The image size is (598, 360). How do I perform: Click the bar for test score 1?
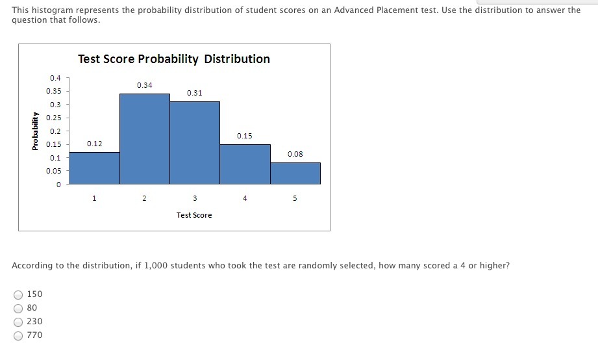pyautogui.click(x=94, y=168)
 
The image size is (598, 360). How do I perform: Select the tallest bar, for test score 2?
pyautogui.click(x=145, y=139)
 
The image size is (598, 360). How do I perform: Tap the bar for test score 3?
pyautogui.click(x=195, y=143)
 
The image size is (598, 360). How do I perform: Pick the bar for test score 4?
pyautogui.click(x=245, y=164)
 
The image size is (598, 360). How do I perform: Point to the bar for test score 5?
pyautogui.click(x=295, y=174)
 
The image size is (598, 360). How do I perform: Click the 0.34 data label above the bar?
pyautogui.click(x=145, y=85)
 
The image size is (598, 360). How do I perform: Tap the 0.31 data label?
pyautogui.click(x=195, y=93)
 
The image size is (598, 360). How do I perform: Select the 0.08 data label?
pyautogui.click(x=295, y=154)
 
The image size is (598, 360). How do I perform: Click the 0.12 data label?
pyautogui.click(x=95, y=144)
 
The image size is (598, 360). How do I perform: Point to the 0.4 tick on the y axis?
pyautogui.click(x=55, y=78)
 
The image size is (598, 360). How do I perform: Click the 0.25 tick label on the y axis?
pyautogui.click(x=54, y=118)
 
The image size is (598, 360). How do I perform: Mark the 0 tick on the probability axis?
pyautogui.click(x=58, y=185)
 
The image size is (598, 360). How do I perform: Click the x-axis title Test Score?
pyautogui.click(x=194, y=215)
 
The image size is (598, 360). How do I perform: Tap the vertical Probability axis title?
pyautogui.click(x=35, y=131)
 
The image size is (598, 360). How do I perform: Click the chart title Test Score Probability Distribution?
pyautogui.click(x=174, y=59)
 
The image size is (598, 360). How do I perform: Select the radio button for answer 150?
pyautogui.click(x=18, y=295)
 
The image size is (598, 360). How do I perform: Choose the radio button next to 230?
pyautogui.click(x=18, y=322)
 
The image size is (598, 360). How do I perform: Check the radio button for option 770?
pyautogui.click(x=18, y=336)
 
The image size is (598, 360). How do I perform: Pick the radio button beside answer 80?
pyautogui.click(x=18, y=309)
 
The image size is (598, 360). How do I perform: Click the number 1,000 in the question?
pyautogui.click(x=156, y=266)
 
